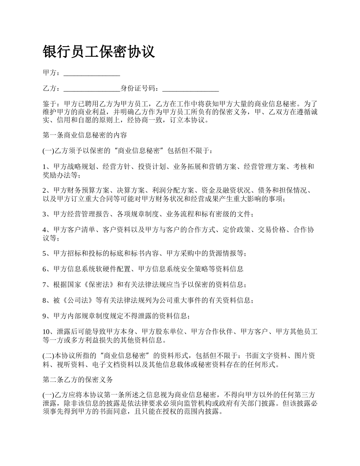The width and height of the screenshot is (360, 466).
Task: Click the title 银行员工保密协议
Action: [99, 52]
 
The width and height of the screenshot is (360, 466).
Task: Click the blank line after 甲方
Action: [92, 73]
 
